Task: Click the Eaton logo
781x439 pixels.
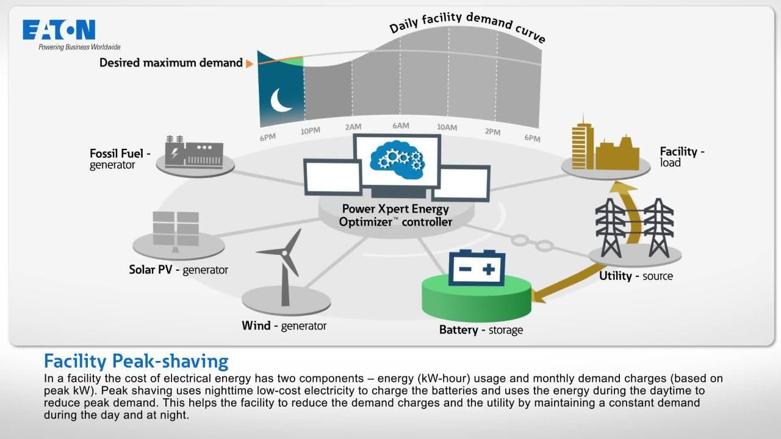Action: (59, 30)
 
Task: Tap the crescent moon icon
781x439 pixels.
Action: (281, 101)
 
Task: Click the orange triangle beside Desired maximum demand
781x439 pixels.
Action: (250, 63)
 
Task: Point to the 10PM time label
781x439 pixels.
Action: (310, 131)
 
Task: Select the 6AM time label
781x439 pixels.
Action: (400, 126)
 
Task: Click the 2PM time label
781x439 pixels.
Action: (492, 132)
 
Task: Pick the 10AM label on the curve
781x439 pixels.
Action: (447, 127)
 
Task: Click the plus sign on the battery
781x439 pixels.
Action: (488, 269)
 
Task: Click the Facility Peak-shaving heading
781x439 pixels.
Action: (136, 361)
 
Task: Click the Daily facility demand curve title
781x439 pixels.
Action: (467, 27)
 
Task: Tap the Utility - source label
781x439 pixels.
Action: (636, 276)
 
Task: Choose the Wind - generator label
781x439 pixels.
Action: (284, 326)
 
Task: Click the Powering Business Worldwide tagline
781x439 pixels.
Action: (79, 47)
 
